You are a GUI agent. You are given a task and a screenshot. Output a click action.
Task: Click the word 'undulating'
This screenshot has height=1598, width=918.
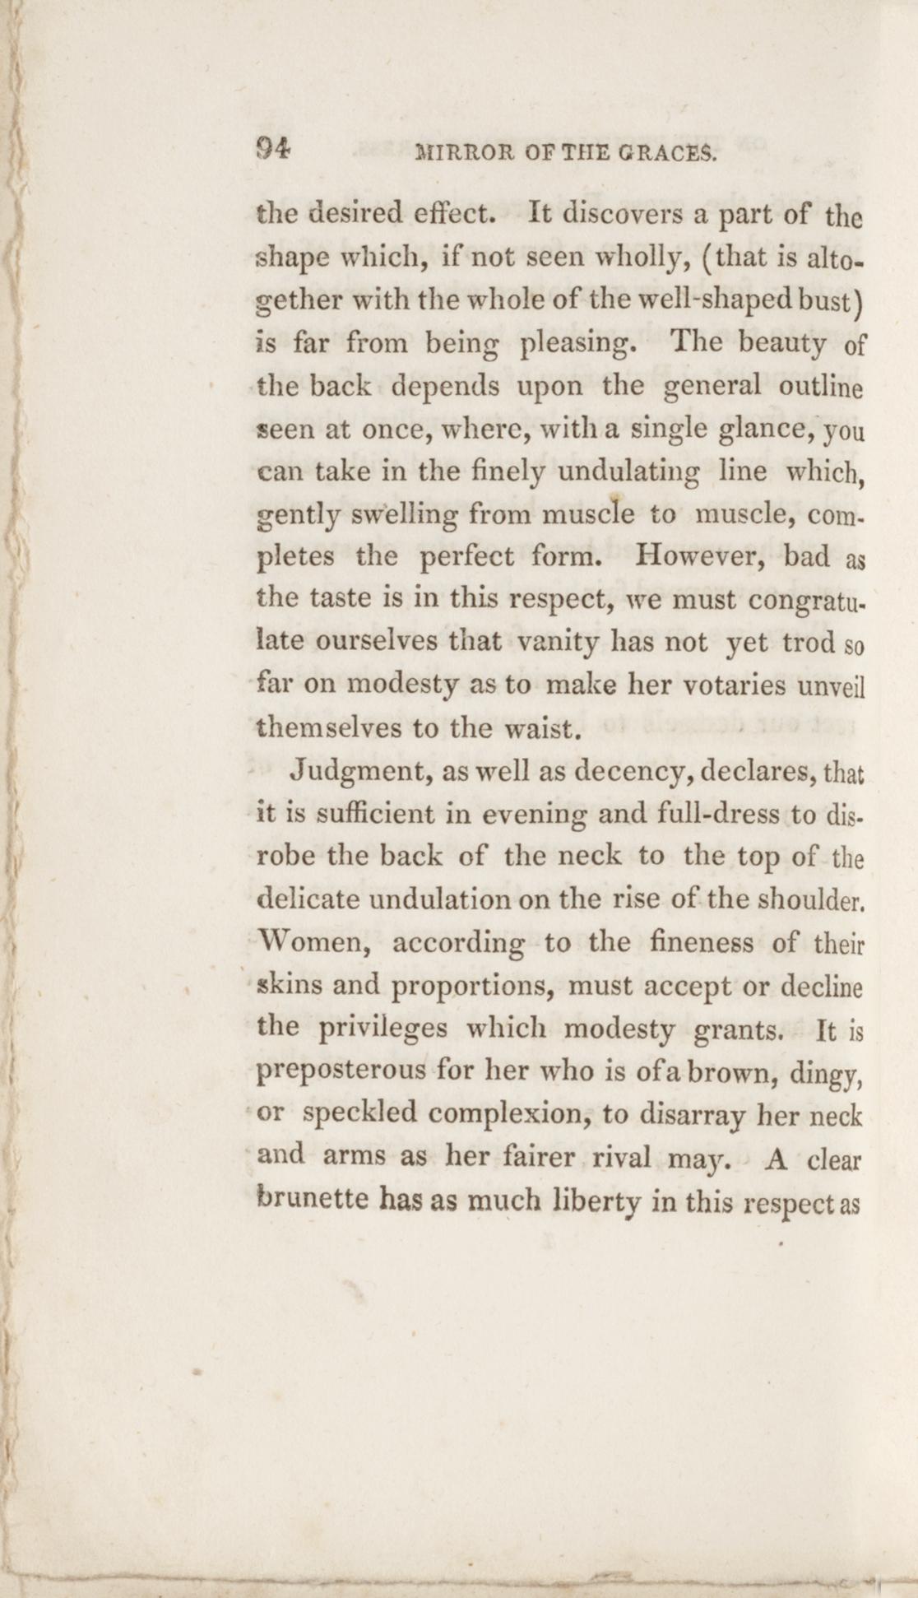click(628, 472)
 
